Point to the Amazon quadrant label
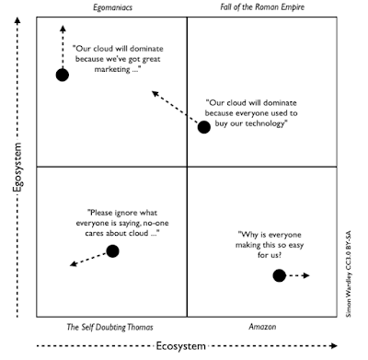click(x=262, y=327)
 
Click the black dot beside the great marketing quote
click(x=62, y=75)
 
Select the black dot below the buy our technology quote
click(x=204, y=127)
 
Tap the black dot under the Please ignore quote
click(x=112, y=250)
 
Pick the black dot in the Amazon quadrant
click(x=280, y=274)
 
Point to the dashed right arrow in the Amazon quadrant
click(x=300, y=274)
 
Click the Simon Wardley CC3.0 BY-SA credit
click(x=354, y=275)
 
